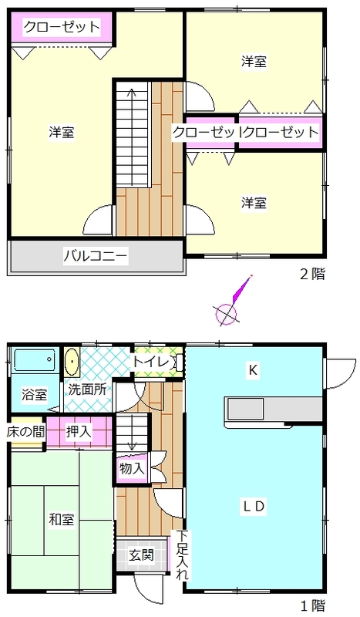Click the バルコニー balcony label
pyautogui.click(x=96, y=257)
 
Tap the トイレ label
pyautogui.click(x=151, y=362)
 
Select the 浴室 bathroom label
pyautogui.click(x=35, y=394)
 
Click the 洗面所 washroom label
pyautogui.click(x=87, y=389)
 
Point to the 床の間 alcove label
pyautogui.click(x=25, y=432)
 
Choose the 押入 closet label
pyautogui.click(x=79, y=432)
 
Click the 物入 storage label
pyautogui.click(x=132, y=468)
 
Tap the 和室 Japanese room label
pyautogui.click(x=62, y=519)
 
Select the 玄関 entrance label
pyautogui.click(x=141, y=555)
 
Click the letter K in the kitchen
pyautogui.click(x=253, y=370)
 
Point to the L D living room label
pyautogui.click(x=254, y=507)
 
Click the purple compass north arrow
pyautogui.click(x=241, y=289)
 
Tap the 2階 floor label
pyautogui.click(x=313, y=274)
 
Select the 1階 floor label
pyautogui.click(x=313, y=605)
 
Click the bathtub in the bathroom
pyautogui.click(x=35, y=359)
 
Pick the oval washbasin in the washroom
pyautogui.click(x=72, y=361)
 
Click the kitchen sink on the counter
pyautogui.click(x=244, y=408)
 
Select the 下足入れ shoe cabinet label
pyautogui.click(x=181, y=555)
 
